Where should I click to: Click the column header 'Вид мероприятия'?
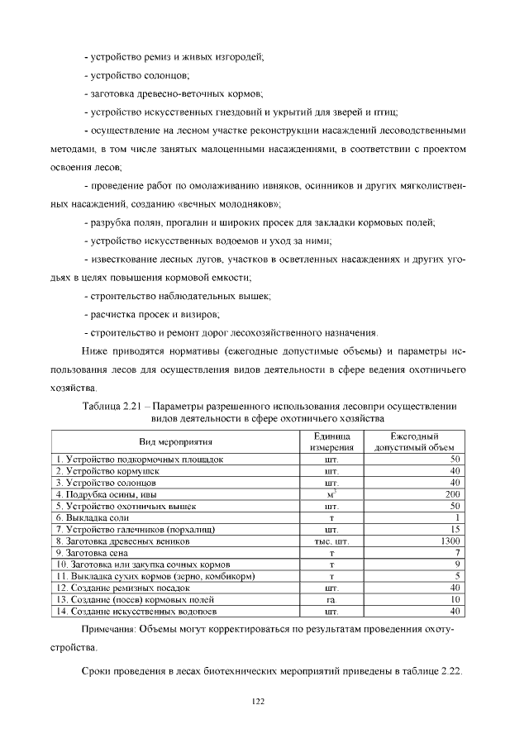tap(175, 442)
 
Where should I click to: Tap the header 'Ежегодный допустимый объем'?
tap(416, 442)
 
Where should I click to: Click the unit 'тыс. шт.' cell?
tap(331, 541)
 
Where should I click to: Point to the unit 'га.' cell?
tap(331, 599)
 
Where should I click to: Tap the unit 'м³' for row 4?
tap(331, 493)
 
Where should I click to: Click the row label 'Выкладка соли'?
tap(90, 517)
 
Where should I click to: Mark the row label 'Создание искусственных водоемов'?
tap(136, 612)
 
